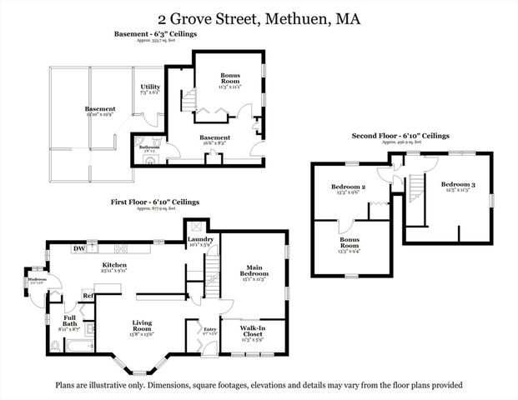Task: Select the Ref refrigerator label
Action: point(87,296)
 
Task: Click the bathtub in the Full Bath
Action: point(78,345)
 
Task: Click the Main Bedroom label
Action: point(253,270)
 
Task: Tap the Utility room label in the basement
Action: point(150,87)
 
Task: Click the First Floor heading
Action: point(156,202)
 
